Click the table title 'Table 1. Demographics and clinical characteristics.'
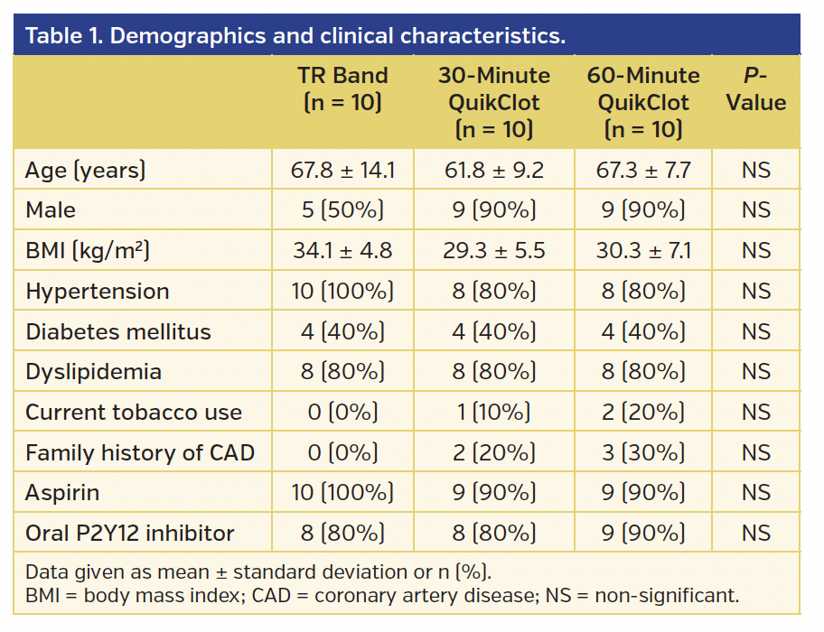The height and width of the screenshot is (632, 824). click(x=295, y=36)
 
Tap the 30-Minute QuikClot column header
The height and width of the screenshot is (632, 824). click(x=493, y=102)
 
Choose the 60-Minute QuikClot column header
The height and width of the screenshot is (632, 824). click(x=642, y=102)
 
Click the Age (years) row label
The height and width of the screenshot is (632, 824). click(x=86, y=170)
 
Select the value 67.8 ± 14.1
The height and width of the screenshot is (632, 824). click(x=342, y=170)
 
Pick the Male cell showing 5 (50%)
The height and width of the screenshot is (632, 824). click(x=342, y=210)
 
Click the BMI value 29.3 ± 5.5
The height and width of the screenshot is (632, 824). click(x=493, y=251)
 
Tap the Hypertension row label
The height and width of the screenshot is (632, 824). click(x=98, y=292)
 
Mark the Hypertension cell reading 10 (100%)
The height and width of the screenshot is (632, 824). click(x=342, y=292)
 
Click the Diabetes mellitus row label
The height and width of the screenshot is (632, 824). click(x=118, y=332)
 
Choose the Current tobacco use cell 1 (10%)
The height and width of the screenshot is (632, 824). click(x=493, y=413)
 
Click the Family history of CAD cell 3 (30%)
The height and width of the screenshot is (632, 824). click(x=642, y=452)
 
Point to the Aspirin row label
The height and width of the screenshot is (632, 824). click(x=62, y=493)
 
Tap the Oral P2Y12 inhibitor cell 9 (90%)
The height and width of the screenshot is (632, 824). click(x=642, y=534)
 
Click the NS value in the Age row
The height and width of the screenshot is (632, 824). click(x=755, y=170)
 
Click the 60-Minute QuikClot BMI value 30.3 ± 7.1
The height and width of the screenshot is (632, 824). click(x=642, y=251)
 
